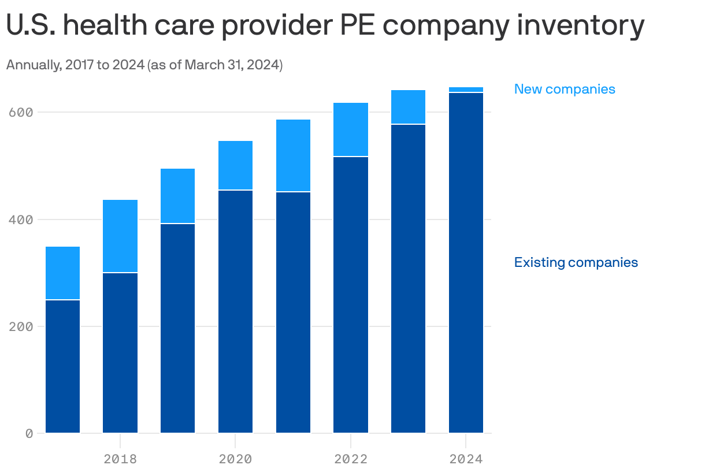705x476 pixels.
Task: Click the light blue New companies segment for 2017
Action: (x=62, y=273)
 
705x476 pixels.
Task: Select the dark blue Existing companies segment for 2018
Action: (x=120, y=352)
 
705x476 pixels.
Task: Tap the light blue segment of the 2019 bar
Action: (x=177, y=196)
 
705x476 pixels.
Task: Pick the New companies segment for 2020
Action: (x=235, y=165)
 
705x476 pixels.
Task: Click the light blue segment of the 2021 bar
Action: (x=293, y=155)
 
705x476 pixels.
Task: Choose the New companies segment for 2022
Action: (x=351, y=129)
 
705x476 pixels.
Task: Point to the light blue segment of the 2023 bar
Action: (x=408, y=107)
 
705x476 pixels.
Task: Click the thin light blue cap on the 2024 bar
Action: (x=466, y=90)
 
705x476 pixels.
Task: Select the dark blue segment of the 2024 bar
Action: (x=466, y=263)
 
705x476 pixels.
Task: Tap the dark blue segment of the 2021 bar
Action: (x=293, y=312)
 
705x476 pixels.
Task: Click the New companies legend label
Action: (x=565, y=89)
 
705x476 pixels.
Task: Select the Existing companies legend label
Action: (x=576, y=262)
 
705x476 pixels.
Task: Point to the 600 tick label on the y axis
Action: (x=21, y=112)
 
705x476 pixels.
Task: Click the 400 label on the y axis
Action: (x=21, y=220)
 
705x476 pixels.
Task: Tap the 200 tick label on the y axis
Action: (x=21, y=326)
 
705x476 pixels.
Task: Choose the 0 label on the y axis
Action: (x=29, y=433)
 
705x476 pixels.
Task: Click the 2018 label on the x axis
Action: (x=120, y=459)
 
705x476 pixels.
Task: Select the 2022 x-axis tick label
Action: (x=351, y=459)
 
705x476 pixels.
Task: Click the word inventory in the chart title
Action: (x=580, y=25)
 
